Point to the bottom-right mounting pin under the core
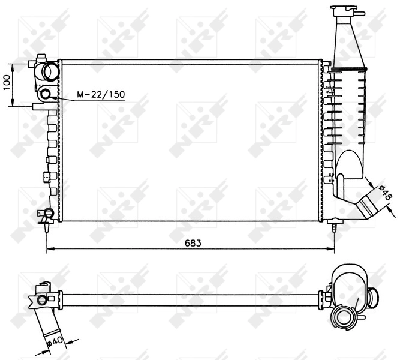click(335, 227)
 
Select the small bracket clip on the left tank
click(46, 177)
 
